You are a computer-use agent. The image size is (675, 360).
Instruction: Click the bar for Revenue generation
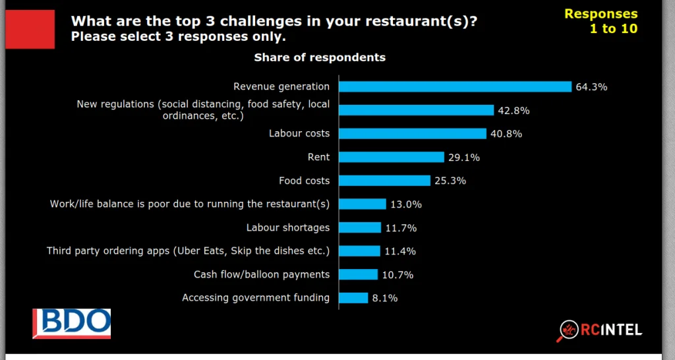click(x=455, y=86)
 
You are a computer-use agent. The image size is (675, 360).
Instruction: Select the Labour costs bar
click(x=413, y=134)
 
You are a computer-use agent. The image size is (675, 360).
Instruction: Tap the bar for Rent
click(x=392, y=157)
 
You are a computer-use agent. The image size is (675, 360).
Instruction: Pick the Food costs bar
click(x=384, y=181)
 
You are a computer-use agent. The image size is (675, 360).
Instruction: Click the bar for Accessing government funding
click(x=353, y=298)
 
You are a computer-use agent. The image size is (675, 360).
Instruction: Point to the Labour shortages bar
click(x=360, y=227)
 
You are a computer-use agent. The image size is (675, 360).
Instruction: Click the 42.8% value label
click(x=514, y=110)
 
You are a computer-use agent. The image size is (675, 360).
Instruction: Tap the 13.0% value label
click(x=405, y=204)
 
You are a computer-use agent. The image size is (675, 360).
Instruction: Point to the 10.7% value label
click(x=397, y=274)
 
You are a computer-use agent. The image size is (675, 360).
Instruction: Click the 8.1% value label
click(x=385, y=298)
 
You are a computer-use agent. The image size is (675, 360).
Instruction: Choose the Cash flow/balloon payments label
click(x=262, y=274)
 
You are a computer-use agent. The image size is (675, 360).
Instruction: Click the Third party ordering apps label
click(x=188, y=251)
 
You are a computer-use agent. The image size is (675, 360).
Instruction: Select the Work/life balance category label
click(x=190, y=204)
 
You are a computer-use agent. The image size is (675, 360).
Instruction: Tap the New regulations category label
click(x=203, y=110)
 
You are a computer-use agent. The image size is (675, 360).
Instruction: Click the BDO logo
click(x=72, y=323)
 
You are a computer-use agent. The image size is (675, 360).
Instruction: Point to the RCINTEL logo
click(x=601, y=330)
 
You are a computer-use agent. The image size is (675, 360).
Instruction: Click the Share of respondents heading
click(x=320, y=57)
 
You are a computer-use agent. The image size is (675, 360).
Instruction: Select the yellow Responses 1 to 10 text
click(x=601, y=21)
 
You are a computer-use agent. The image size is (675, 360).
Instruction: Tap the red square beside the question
click(x=30, y=30)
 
